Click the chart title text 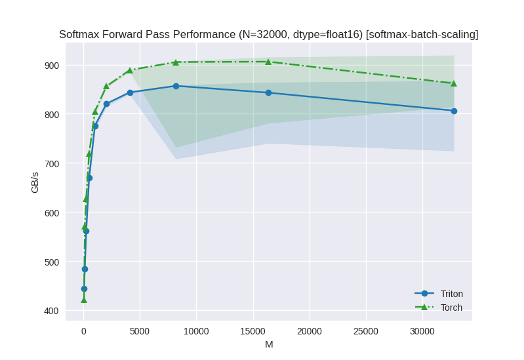coord(268,35)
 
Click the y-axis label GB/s coord(35,182)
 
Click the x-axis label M coord(269,344)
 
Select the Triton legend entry coord(451,294)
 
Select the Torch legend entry coord(451,308)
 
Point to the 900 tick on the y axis coord(52,66)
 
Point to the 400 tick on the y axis coord(52,311)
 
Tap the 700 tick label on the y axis coord(52,163)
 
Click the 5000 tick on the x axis coord(140,331)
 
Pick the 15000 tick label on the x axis coord(252,331)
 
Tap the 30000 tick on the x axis coord(422,331)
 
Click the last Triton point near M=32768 coord(454,111)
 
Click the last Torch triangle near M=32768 coord(454,83)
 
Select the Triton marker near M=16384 coord(268,92)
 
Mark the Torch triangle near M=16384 coord(268,62)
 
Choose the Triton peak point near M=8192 coord(176,86)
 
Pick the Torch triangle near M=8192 coord(176,62)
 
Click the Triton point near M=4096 coord(130,92)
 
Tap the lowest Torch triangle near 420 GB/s coord(84,300)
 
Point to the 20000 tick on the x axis coord(309,331)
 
